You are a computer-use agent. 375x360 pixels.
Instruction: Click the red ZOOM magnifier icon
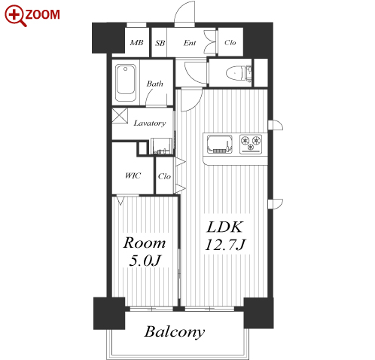tap(16, 16)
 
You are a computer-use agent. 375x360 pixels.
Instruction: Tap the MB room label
tap(136, 43)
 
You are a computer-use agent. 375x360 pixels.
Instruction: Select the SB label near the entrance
tap(160, 43)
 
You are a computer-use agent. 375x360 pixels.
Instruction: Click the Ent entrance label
tap(190, 43)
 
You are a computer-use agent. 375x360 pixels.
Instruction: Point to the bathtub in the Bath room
tap(126, 83)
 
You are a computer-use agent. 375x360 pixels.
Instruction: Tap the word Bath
tap(155, 84)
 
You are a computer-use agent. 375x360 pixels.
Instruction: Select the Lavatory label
tap(150, 123)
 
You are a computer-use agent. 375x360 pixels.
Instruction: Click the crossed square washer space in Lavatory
tap(120, 116)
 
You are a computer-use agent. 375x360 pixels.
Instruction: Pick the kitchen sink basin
tap(220, 144)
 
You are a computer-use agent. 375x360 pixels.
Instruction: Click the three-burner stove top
tap(251, 144)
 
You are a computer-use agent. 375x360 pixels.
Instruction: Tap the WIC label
tap(133, 175)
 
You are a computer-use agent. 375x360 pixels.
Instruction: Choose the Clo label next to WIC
tap(164, 176)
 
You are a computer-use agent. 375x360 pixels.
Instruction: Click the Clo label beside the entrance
tap(230, 42)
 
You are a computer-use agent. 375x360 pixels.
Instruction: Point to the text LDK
tap(225, 227)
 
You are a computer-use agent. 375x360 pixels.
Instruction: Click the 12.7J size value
tap(225, 245)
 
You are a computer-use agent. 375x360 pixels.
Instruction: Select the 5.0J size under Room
tap(145, 261)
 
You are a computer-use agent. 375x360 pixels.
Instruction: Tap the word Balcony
tap(175, 332)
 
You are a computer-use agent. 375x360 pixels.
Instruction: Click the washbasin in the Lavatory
tap(161, 146)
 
